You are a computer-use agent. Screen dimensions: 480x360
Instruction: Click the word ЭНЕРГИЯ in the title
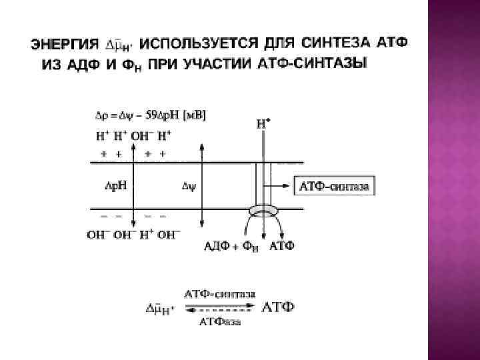63,45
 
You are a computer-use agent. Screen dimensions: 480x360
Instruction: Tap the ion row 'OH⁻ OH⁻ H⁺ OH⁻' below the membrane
134,235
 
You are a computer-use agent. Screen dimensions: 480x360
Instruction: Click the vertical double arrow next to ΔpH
134,187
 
